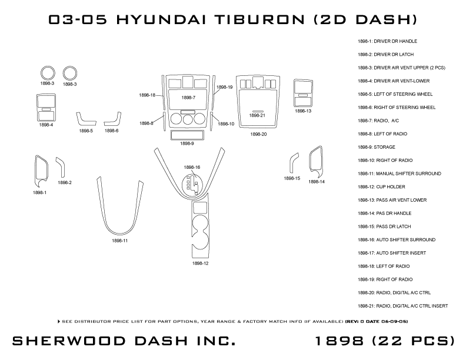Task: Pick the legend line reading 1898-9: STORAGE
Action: coord(377,147)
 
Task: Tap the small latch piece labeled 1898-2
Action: coord(59,166)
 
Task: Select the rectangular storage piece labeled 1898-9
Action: coord(187,135)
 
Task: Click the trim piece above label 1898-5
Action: coord(86,119)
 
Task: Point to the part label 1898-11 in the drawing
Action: coord(120,241)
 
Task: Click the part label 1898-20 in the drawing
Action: coord(258,134)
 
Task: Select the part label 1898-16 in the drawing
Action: coord(192,167)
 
